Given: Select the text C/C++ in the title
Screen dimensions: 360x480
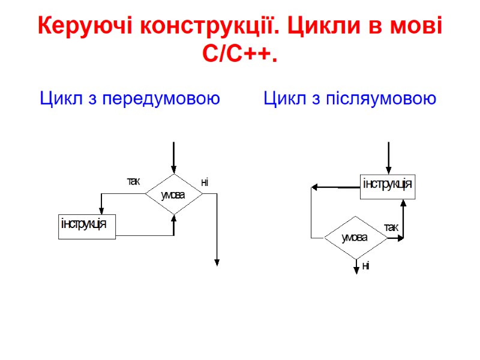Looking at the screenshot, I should pyautogui.click(x=240, y=55).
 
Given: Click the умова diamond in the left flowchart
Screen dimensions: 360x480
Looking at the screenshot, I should pyautogui.click(x=173, y=195).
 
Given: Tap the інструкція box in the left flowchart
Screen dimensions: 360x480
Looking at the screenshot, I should pyautogui.click(x=86, y=226).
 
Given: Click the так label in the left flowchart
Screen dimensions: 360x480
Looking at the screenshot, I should pyautogui.click(x=133, y=181).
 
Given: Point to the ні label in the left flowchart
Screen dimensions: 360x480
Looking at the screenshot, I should pyautogui.click(x=205, y=182).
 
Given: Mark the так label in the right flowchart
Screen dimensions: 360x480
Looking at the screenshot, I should pyautogui.click(x=391, y=227).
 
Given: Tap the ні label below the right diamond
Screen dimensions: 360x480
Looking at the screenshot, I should pyautogui.click(x=365, y=266).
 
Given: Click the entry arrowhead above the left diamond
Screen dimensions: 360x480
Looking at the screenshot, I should pyautogui.click(x=173, y=170).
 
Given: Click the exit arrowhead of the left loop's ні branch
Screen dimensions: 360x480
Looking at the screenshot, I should pyautogui.click(x=217, y=262).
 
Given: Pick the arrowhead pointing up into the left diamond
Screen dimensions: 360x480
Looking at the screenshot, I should pyautogui.click(x=173, y=217).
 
